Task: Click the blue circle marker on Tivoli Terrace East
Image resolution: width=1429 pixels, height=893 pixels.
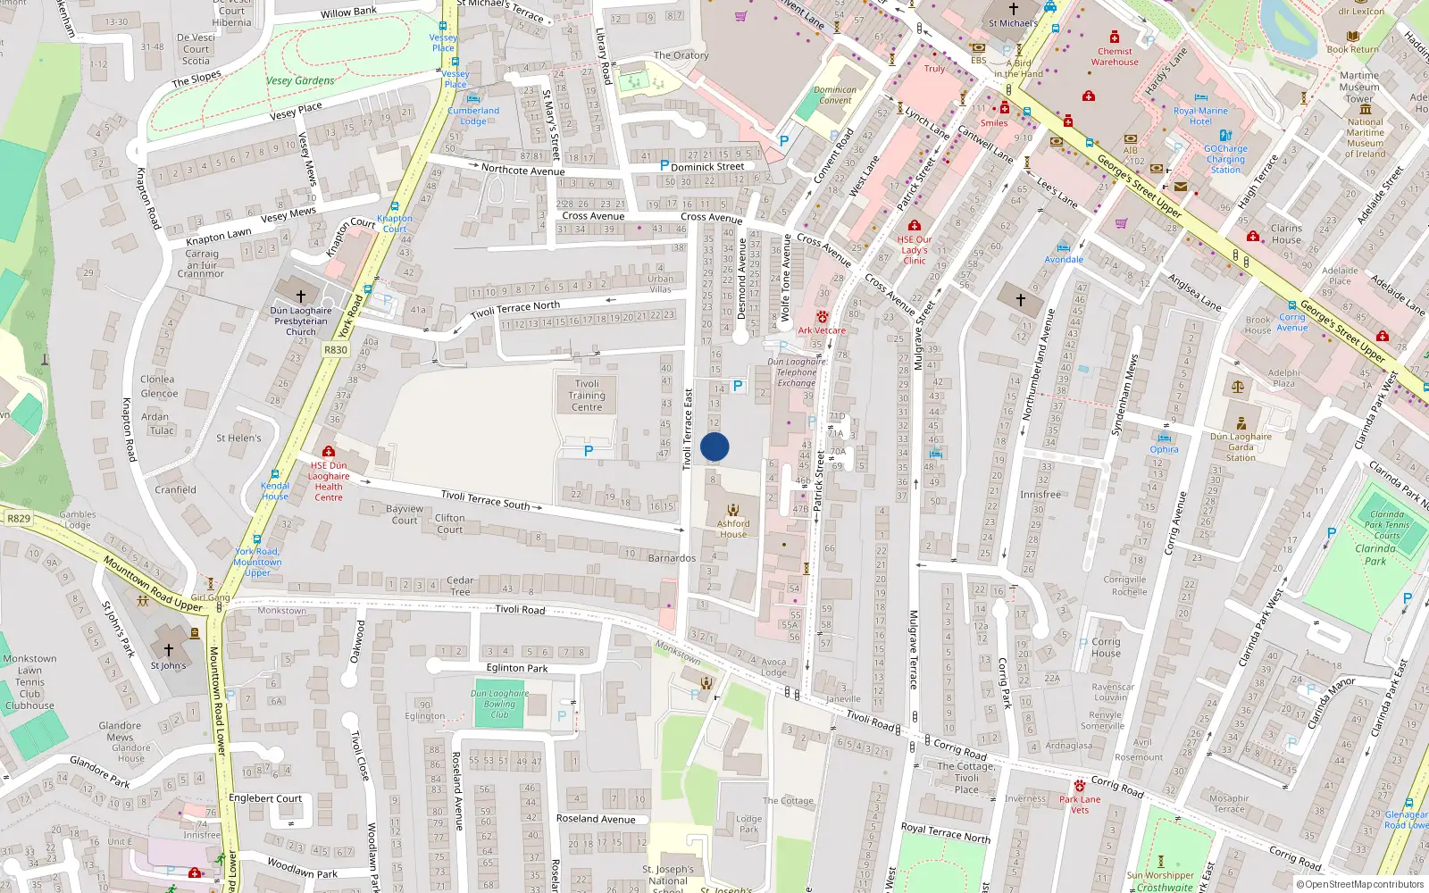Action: [714, 446]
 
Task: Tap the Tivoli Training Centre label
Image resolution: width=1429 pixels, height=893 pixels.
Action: [587, 396]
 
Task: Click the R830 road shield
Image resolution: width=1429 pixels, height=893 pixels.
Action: [336, 350]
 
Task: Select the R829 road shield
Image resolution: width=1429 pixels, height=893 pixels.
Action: [19, 518]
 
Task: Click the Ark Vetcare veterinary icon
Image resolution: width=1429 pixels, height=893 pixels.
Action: [822, 317]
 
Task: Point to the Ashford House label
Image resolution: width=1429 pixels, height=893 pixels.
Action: [733, 529]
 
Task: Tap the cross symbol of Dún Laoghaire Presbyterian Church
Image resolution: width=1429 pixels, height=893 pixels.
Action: [301, 296]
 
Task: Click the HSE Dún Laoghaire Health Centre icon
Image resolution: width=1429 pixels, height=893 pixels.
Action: [329, 452]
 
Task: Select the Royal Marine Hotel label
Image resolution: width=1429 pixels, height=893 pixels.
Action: [1200, 116]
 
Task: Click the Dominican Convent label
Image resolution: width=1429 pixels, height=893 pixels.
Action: [835, 95]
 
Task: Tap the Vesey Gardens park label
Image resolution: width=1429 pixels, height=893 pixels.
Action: [300, 80]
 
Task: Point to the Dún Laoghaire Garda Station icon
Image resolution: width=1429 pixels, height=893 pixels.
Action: [1241, 423]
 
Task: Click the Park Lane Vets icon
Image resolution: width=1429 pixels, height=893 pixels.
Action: [1080, 786]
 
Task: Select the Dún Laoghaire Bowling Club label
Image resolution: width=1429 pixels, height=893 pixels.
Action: [500, 704]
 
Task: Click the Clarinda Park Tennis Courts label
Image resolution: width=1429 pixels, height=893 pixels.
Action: [1386, 525]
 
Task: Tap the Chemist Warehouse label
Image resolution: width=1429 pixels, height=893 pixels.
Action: [1115, 56]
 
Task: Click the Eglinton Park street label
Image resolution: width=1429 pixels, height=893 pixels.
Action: [517, 668]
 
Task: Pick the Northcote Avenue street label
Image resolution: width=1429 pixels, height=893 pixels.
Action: [522, 170]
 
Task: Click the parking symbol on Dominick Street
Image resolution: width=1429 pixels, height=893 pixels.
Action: [664, 165]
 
